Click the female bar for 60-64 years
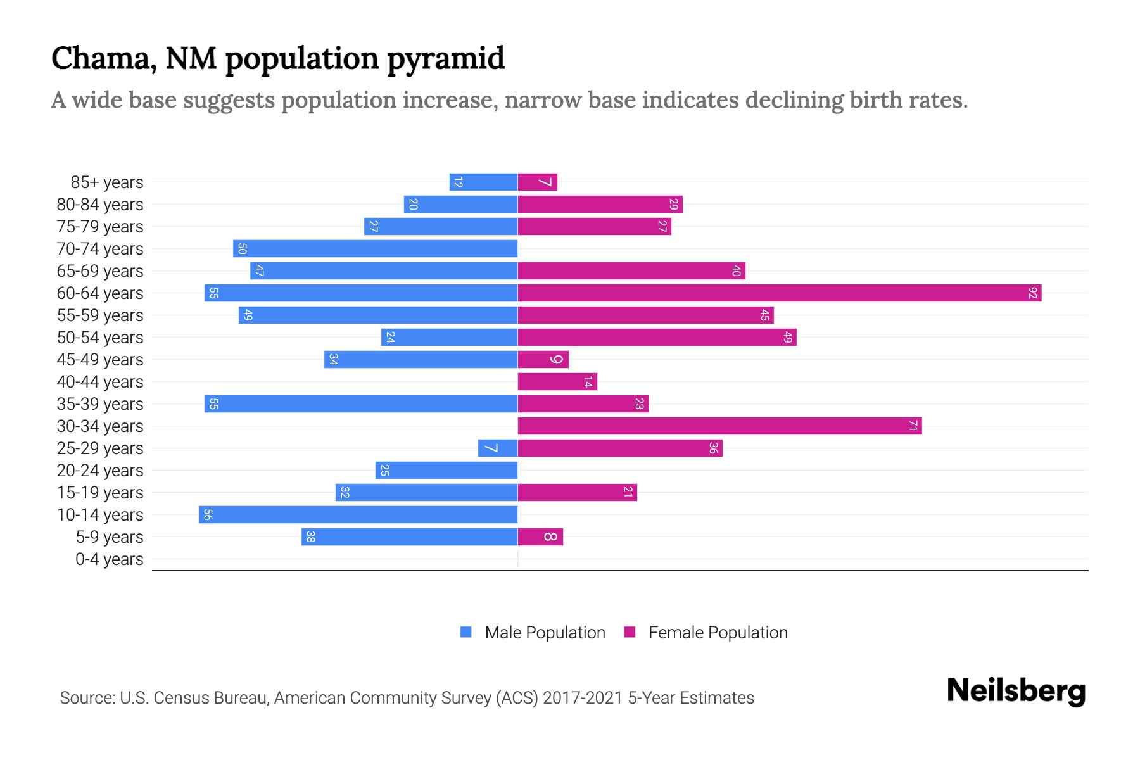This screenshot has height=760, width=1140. pos(779,293)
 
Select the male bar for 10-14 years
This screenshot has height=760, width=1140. pos(358,514)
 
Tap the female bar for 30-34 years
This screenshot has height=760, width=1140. pos(719,426)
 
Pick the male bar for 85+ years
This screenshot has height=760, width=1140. pos(483,182)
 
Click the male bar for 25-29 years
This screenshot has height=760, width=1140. pos(498,448)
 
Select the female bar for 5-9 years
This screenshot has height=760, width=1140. pos(540,536)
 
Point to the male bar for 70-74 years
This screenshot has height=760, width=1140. pos(375,248)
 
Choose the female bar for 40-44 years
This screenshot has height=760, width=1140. pos(557,381)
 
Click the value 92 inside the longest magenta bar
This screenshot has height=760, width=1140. pos(1033,293)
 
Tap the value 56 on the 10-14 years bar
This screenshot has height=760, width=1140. pos(208,514)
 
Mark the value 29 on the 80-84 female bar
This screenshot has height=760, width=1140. pos(674,204)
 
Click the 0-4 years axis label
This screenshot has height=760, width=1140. pos(109,559)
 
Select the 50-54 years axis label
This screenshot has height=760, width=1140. pos(100,338)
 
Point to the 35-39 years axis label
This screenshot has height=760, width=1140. pos(100,404)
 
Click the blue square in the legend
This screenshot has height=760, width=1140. pos(466,632)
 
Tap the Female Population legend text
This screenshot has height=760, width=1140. pos(718,632)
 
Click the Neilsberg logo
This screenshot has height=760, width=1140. pos(1016,691)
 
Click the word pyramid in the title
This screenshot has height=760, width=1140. pos(446,59)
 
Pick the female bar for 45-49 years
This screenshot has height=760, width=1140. pos(543,359)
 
